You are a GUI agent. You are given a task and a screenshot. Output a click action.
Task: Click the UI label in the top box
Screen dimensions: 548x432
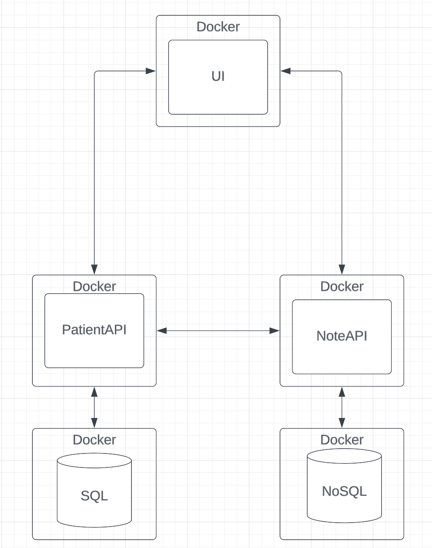click(218, 76)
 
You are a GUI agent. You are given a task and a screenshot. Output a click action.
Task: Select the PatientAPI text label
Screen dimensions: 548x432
click(94, 330)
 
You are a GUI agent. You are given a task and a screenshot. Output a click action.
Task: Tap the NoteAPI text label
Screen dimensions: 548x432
click(342, 336)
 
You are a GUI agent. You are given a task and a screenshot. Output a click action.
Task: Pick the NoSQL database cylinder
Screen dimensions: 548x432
click(344, 485)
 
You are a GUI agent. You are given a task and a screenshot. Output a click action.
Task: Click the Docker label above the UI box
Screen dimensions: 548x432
click(218, 27)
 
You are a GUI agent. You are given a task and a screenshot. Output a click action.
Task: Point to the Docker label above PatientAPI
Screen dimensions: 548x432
click(94, 286)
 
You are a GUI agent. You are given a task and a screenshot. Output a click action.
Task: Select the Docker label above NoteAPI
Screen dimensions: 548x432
click(342, 286)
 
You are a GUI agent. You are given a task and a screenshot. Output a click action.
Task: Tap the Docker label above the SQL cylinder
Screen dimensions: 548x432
click(94, 439)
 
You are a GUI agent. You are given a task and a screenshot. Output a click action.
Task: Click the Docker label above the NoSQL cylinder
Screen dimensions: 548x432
click(342, 439)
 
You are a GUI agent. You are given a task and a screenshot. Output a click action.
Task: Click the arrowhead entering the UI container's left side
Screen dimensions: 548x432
click(151, 71)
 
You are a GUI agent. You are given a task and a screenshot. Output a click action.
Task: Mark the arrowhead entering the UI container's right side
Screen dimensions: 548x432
click(286, 71)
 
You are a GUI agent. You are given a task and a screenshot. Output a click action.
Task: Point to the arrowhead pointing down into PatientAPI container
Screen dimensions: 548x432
click(94, 269)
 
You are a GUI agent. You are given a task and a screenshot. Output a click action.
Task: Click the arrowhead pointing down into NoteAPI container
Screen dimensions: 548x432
click(342, 269)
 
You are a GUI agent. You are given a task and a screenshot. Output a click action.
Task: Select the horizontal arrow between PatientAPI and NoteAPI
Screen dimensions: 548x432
click(218, 331)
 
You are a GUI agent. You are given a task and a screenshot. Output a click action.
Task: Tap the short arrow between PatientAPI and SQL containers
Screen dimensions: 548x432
click(94, 407)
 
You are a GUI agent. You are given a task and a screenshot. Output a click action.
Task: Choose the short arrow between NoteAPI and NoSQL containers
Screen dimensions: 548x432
click(342, 407)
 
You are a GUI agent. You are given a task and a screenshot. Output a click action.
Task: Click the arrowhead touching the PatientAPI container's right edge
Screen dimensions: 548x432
click(162, 331)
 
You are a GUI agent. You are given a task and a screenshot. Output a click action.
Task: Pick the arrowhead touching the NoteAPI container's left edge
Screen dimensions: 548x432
click(274, 331)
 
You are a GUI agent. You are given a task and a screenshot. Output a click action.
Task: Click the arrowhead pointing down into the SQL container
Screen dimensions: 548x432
click(94, 422)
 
